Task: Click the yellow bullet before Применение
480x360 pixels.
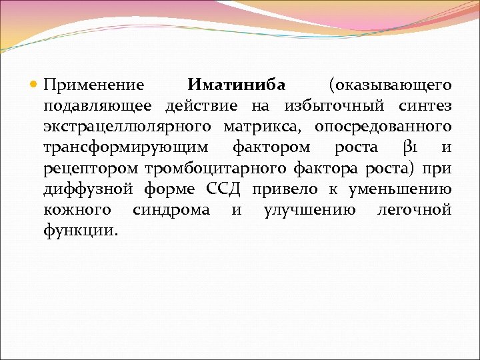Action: point(35,86)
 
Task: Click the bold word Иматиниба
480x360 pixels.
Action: point(236,85)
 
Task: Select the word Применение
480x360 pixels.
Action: point(94,85)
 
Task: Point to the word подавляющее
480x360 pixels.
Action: point(97,107)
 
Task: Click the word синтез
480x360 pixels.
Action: point(425,106)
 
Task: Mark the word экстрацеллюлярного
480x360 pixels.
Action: point(123,127)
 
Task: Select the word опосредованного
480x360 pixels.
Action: point(383,127)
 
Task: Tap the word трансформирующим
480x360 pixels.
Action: point(125,148)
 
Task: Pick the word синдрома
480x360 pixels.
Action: point(171,211)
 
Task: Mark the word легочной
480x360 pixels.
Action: point(414,210)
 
